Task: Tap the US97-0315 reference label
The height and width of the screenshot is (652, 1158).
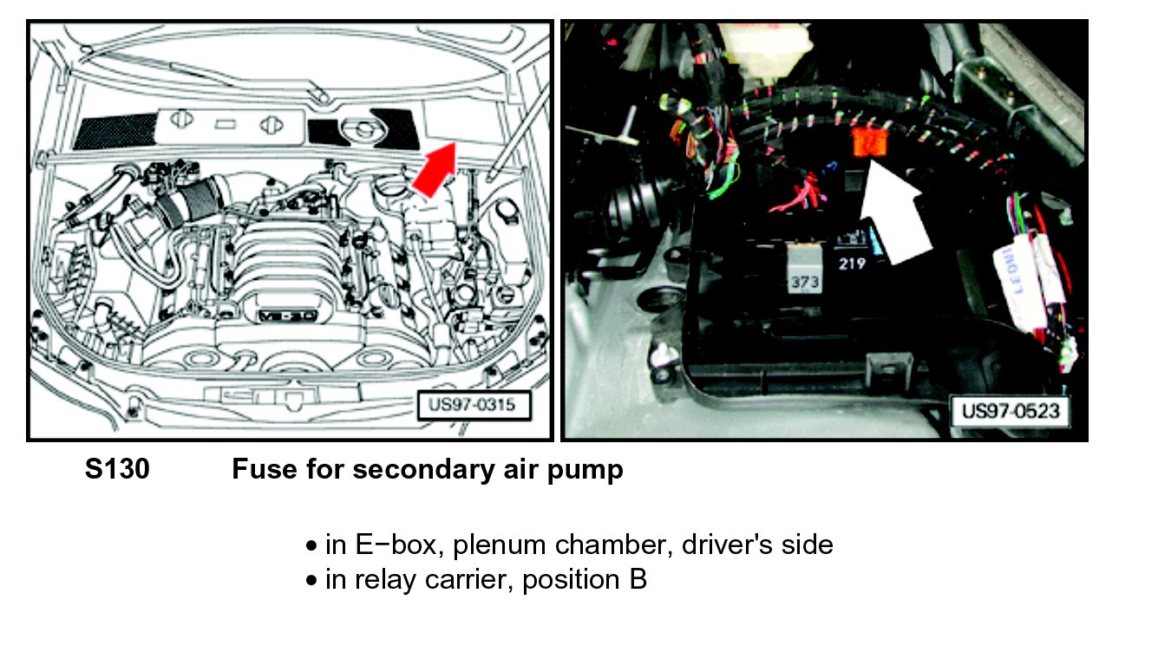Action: (473, 406)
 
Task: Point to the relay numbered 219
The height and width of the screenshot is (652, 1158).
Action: (852, 263)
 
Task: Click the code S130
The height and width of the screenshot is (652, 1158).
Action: (117, 470)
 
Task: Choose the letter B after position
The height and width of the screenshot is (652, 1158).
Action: (638, 580)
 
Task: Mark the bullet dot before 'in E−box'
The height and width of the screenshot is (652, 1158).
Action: (312, 546)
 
